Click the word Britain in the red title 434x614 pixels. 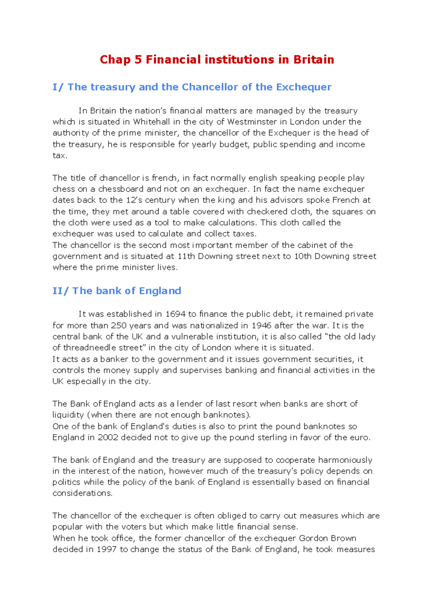click(314, 59)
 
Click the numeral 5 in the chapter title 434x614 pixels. click(138, 59)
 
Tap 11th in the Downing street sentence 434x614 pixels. click(186, 256)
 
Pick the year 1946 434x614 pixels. click(261, 325)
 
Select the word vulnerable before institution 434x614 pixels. click(192, 337)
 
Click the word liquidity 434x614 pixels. click(68, 415)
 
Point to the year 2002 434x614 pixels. click(108, 438)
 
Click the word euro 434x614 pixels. click(359, 438)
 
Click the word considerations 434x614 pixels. click(82, 493)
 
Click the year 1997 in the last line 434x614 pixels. click(106, 550)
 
